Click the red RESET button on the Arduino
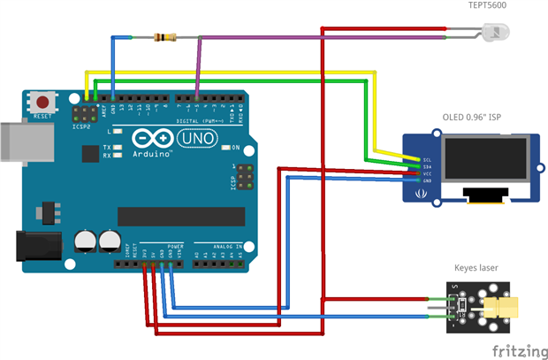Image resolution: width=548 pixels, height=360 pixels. (x=40, y=100)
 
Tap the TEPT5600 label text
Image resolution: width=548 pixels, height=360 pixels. (x=488, y=7)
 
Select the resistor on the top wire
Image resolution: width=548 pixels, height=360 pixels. (x=164, y=37)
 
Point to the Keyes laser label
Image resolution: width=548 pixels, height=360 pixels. (x=477, y=266)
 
